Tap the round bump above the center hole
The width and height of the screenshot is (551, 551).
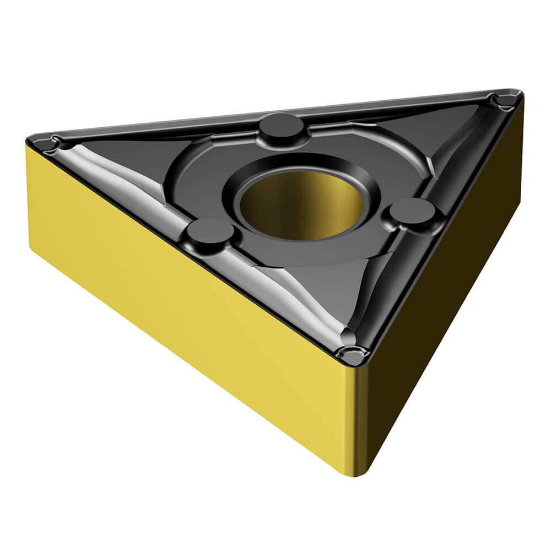(280, 126)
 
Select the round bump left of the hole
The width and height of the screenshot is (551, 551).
(209, 231)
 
